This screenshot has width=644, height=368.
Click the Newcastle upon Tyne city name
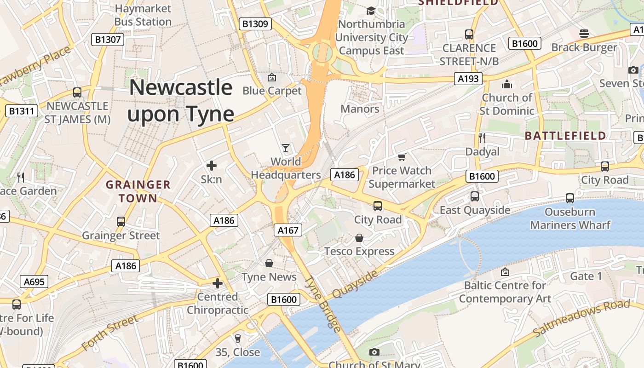(181, 100)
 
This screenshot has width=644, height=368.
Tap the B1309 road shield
(255, 24)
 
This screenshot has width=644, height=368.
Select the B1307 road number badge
(108, 40)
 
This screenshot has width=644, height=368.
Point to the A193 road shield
(468, 79)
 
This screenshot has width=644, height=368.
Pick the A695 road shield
(34, 282)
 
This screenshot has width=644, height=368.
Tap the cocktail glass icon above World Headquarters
(286, 148)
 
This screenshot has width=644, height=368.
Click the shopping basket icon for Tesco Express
(359, 238)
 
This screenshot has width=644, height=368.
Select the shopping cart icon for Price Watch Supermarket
(402, 157)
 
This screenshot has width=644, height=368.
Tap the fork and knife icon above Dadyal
(482, 138)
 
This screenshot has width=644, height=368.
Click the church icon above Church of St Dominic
(507, 84)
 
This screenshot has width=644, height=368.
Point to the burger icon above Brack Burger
(584, 34)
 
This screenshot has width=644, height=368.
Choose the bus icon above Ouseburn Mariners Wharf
(570, 198)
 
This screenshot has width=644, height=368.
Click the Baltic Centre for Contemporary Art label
(505, 292)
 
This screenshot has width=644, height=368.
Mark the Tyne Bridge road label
(324, 304)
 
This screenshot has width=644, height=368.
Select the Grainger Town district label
(138, 191)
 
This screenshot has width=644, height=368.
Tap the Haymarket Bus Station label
(143, 15)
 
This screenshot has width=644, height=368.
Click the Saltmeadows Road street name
(581, 317)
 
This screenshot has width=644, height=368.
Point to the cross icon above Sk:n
(212, 166)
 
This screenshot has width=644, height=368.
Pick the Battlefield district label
(565, 136)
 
